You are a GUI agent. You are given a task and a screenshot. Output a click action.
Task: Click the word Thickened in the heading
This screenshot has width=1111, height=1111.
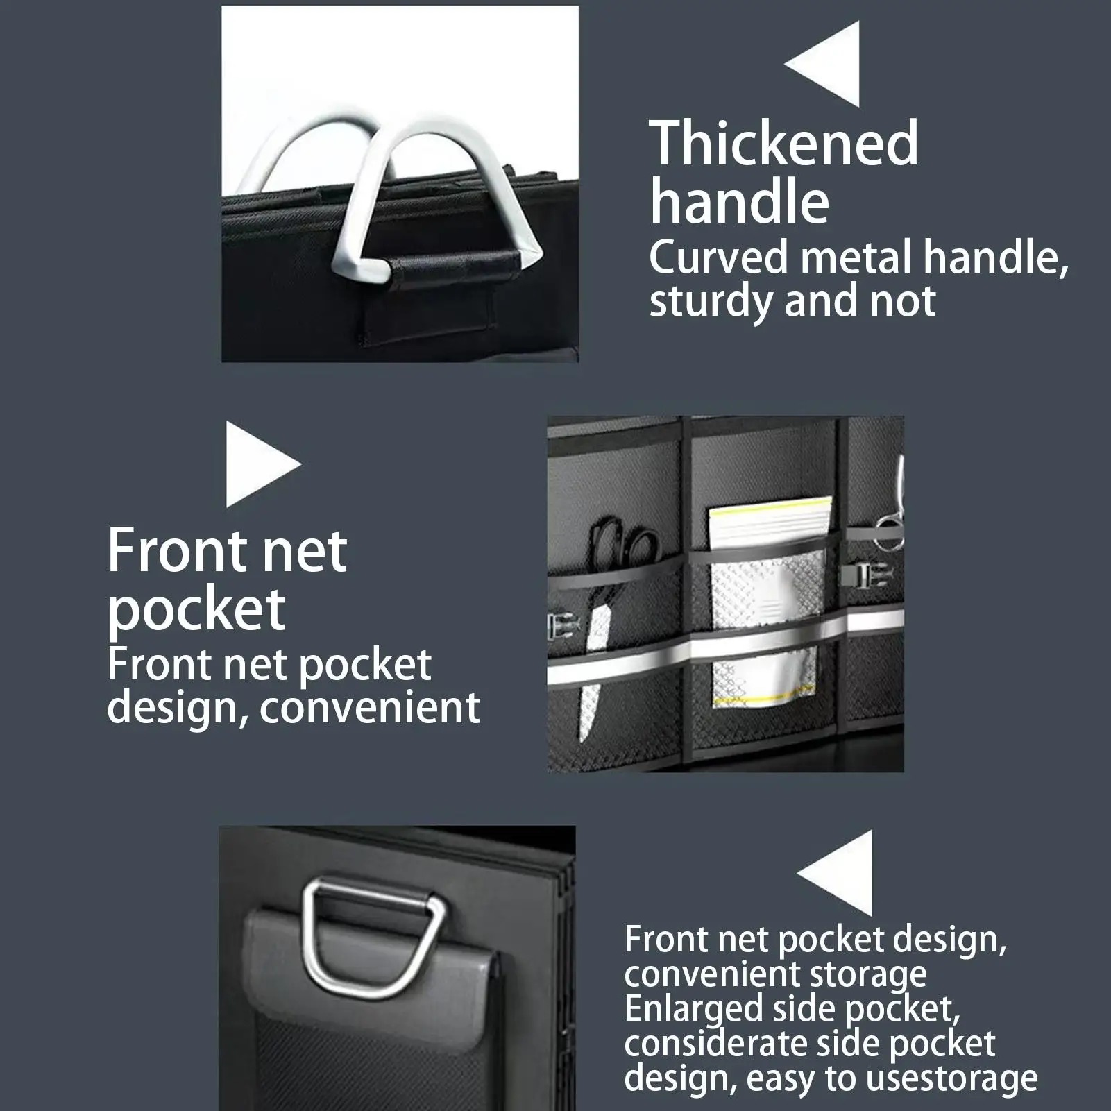(x=783, y=144)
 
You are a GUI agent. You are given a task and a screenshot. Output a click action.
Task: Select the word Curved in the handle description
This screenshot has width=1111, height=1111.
(x=718, y=257)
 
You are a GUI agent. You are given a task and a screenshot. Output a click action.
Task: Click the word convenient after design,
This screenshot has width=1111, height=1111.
(x=370, y=708)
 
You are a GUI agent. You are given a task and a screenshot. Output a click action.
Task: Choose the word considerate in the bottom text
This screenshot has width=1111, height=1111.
(x=719, y=1044)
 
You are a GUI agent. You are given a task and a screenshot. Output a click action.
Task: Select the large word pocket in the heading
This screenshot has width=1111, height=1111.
(x=196, y=609)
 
